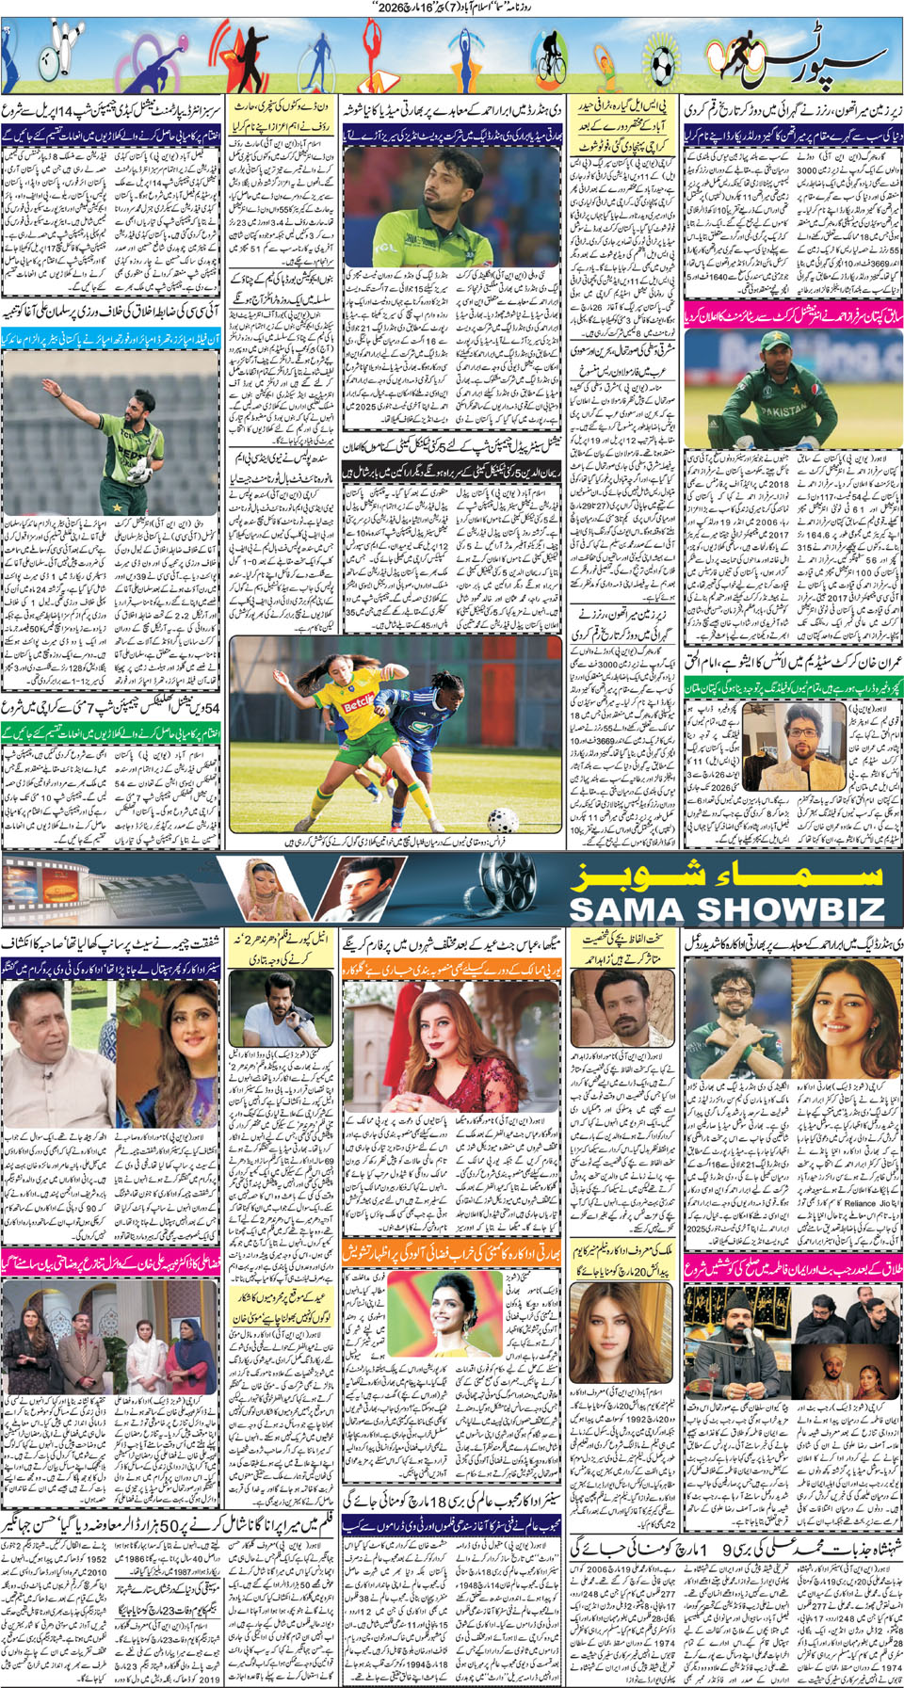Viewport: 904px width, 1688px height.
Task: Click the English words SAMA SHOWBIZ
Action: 726,909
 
